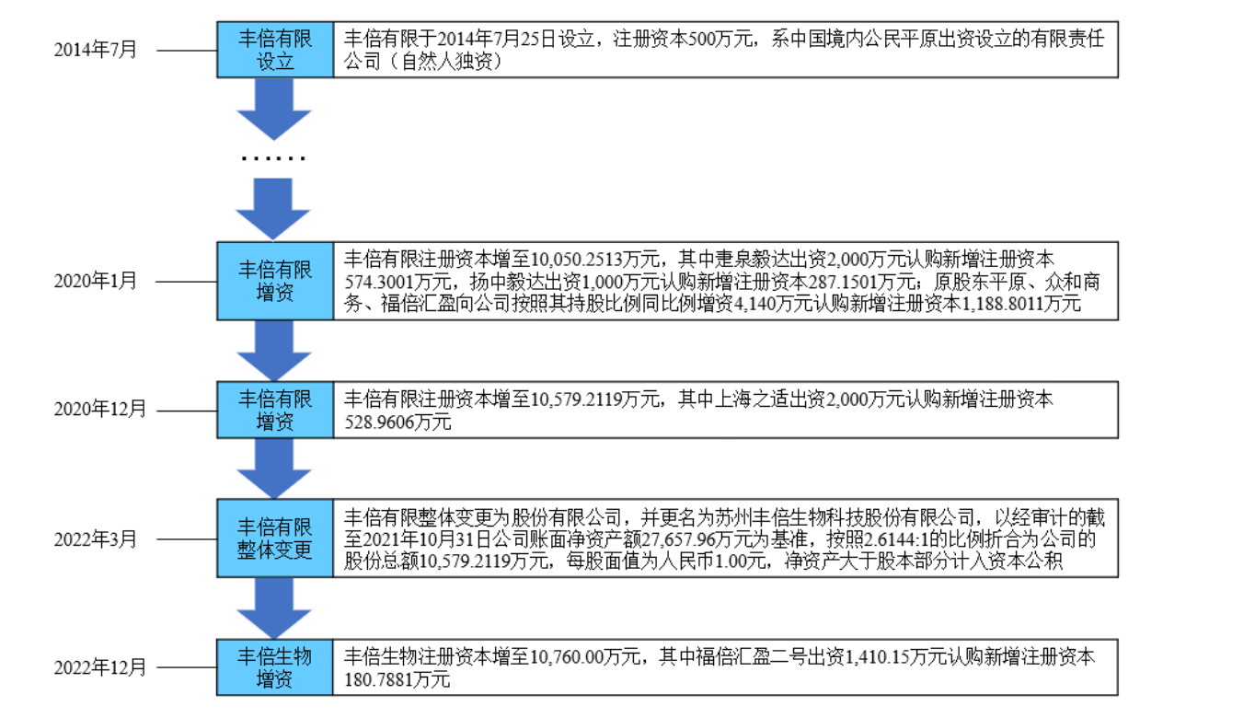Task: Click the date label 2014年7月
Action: pos(96,50)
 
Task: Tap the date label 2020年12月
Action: pos(100,410)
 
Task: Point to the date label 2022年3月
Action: pos(96,538)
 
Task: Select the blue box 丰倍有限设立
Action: pos(275,50)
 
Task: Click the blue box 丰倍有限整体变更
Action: pos(275,538)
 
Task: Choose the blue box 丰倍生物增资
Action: pos(275,667)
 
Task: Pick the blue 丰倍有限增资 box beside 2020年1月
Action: pos(275,281)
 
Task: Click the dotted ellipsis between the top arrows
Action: pos(273,158)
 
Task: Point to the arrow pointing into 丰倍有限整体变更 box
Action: pos(274,469)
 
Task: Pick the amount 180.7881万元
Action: pos(397,680)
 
